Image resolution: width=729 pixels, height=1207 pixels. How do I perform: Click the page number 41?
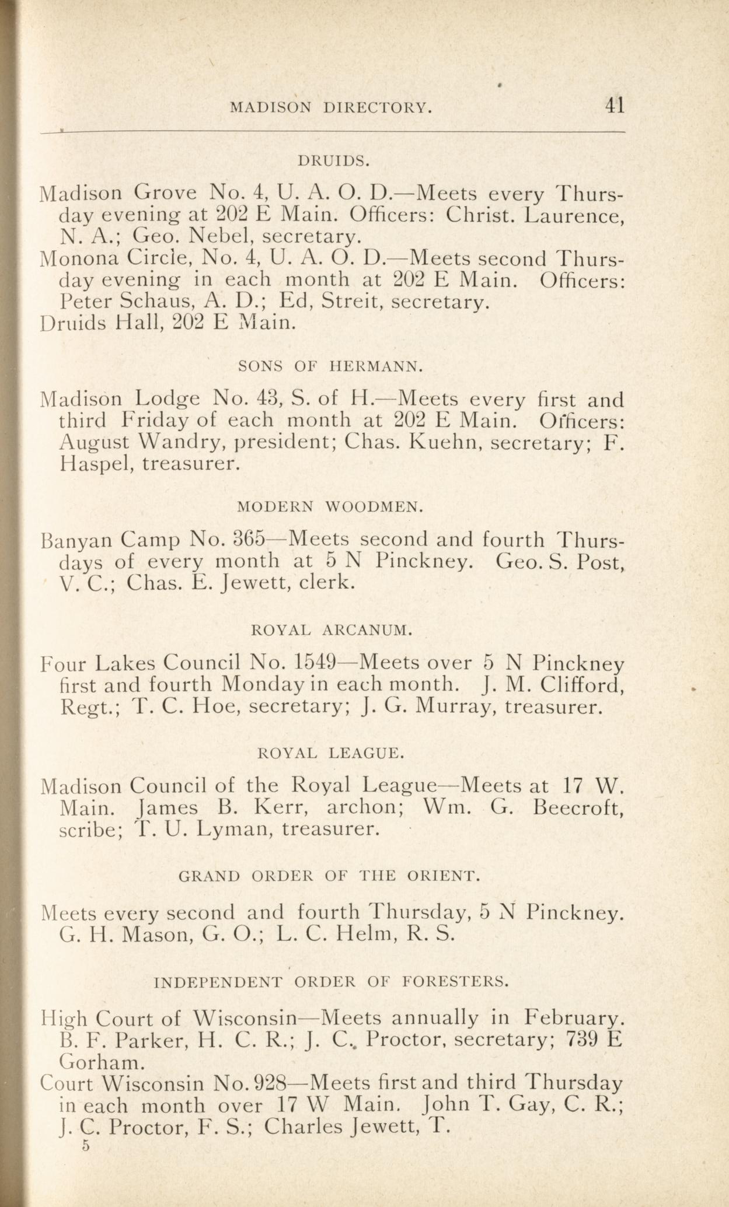tap(615, 106)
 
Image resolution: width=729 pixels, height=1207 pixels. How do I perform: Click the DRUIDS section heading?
tap(334, 160)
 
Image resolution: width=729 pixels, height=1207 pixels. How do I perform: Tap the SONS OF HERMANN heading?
tap(330, 366)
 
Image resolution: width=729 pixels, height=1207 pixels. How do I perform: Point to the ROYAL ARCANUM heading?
tap(332, 630)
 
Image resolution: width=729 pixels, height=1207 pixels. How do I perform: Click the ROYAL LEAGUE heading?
tap(330, 753)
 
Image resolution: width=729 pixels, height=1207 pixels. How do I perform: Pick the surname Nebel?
tap(222, 237)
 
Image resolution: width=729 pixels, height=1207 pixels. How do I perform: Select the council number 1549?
tap(315, 663)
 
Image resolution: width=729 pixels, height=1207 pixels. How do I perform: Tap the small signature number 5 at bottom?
tap(86, 1146)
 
